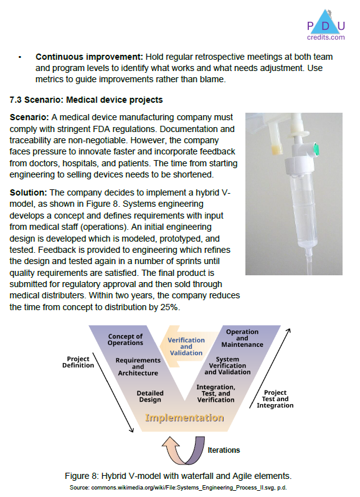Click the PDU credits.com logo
[326, 26]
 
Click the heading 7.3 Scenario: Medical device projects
[86, 100]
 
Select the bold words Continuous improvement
[88, 57]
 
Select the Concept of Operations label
[125, 339]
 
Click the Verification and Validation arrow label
[186, 346]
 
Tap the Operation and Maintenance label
[242, 338]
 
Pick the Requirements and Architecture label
[138, 367]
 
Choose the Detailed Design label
[150, 396]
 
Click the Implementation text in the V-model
[184, 418]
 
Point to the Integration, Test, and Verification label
[216, 394]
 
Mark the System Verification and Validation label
[227, 366]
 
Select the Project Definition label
[78, 362]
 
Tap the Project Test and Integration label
[275, 399]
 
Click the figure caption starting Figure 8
[178, 476]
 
